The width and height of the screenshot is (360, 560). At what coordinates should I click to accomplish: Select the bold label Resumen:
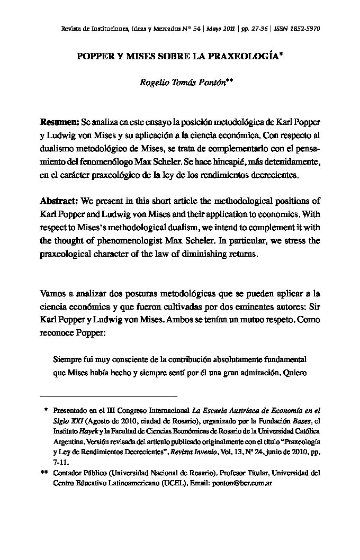(x=60, y=122)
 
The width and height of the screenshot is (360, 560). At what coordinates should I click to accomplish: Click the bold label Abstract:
(x=60, y=202)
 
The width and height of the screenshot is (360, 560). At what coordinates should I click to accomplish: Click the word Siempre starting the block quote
(x=68, y=359)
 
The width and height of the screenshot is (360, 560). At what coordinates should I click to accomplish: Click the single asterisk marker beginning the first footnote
(x=46, y=410)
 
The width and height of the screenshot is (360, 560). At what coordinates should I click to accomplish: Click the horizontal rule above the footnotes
(x=109, y=396)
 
